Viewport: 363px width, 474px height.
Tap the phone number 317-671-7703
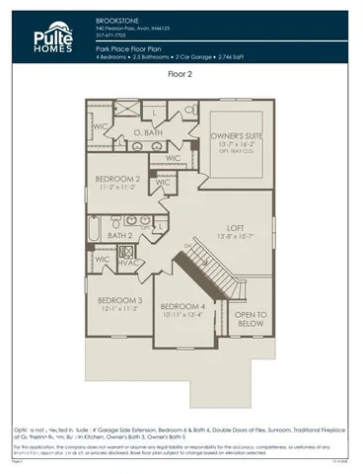[x=112, y=33]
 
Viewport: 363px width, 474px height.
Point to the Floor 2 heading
[x=181, y=73]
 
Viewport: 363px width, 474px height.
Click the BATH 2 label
[x=119, y=236]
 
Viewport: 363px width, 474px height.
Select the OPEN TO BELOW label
[x=250, y=319]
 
